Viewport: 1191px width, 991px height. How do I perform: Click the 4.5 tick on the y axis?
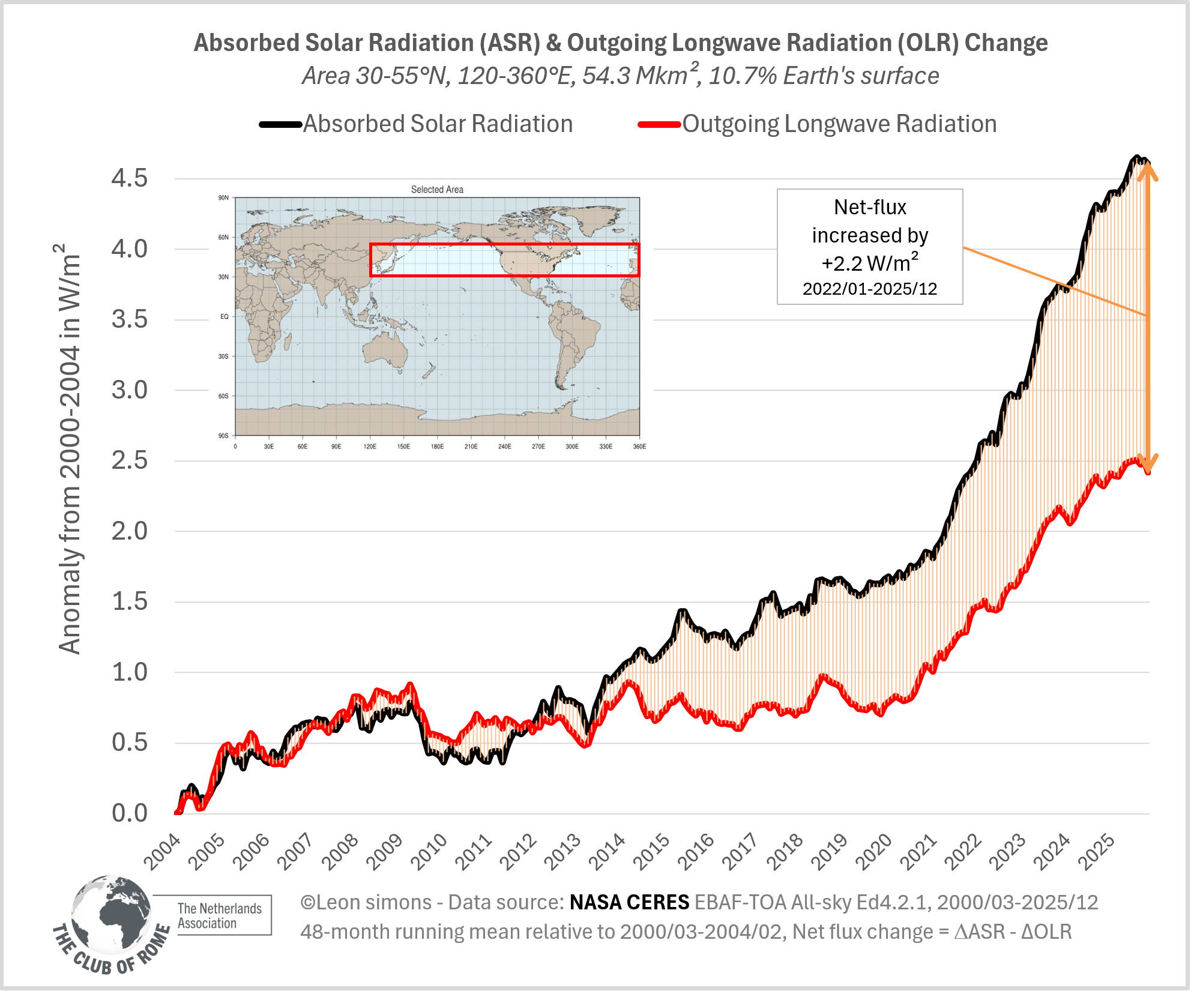tap(129, 178)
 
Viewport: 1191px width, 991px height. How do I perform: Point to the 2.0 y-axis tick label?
tap(129, 531)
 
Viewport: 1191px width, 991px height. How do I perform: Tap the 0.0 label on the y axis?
tap(129, 813)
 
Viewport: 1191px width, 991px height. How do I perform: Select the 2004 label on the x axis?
tap(163, 852)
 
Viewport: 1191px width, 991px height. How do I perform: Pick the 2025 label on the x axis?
tap(1097, 852)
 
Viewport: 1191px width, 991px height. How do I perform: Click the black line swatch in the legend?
tap(280, 125)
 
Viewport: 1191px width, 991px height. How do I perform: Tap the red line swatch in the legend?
tap(659, 125)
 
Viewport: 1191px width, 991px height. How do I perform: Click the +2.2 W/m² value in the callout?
tap(870, 263)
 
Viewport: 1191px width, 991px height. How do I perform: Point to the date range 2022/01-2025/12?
tap(870, 289)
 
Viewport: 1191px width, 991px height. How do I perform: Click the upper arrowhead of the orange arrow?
tap(1148, 170)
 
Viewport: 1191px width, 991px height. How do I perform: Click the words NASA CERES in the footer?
tap(629, 902)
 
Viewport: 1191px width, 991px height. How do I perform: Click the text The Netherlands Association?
tap(220, 916)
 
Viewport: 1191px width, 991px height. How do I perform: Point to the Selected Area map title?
tap(437, 190)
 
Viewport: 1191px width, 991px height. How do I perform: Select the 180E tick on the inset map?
tap(437, 447)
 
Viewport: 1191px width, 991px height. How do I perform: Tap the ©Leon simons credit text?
tap(366, 902)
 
